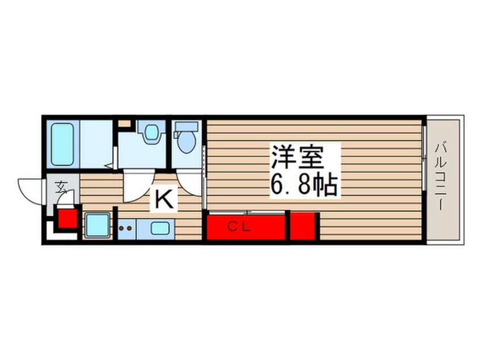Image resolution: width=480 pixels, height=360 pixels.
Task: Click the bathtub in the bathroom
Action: point(63,143)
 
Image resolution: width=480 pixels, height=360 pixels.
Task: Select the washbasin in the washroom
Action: point(151,133)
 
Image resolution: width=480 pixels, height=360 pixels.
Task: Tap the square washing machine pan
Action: point(97,225)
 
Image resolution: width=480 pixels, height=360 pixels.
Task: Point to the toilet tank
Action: point(185,127)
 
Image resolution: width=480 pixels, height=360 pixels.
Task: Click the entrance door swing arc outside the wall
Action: point(30,188)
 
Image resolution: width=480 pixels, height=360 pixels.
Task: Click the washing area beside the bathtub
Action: point(95,144)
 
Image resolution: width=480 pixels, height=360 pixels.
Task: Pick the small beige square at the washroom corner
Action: point(124,123)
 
